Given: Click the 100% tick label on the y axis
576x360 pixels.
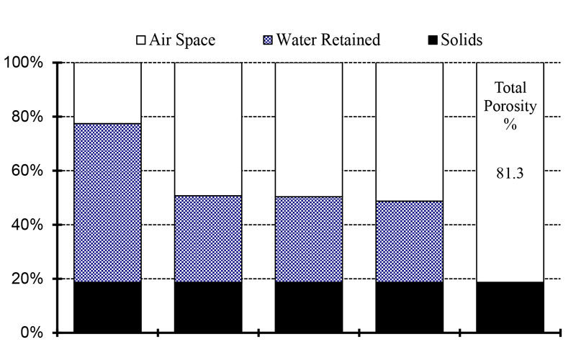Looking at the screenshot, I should click(x=24, y=63).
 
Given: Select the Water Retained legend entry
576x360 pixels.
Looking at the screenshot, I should click(x=324, y=40).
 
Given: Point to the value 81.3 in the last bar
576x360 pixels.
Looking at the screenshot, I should click(x=510, y=173).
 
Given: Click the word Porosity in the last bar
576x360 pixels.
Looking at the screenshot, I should click(x=510, y=107).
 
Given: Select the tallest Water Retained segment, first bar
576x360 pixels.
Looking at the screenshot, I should click(x=107, y=202).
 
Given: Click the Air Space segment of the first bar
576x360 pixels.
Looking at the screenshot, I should click(x=107, y=93).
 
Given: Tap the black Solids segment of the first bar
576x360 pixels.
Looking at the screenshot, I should click(x=107, y=307).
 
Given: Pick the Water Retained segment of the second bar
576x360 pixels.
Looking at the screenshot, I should click(x=208, y=238).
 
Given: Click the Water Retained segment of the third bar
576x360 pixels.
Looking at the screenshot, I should click(x=309, y=238).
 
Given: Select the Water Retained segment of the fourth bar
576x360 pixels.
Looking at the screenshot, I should click(x=410, y=241).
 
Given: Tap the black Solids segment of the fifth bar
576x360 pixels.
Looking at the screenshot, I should click(x=510, y=307).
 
